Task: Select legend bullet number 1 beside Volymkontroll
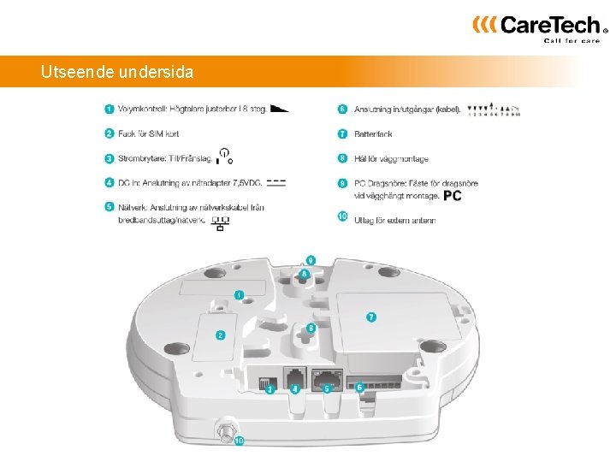(110, 109)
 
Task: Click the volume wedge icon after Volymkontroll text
(279, 109)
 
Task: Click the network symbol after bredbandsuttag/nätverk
(221, 224)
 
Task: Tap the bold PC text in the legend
(453, 196)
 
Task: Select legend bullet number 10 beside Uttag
(342, 217)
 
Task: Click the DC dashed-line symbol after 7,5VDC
(276, 182)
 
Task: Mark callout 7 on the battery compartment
(371, 317)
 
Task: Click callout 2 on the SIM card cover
(220, 335)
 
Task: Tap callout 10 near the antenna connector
(240, 441)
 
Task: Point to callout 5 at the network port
(327, 388)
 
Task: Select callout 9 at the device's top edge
(311, 259)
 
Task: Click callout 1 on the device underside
(239, 294)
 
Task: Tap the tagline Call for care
(572, 40)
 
